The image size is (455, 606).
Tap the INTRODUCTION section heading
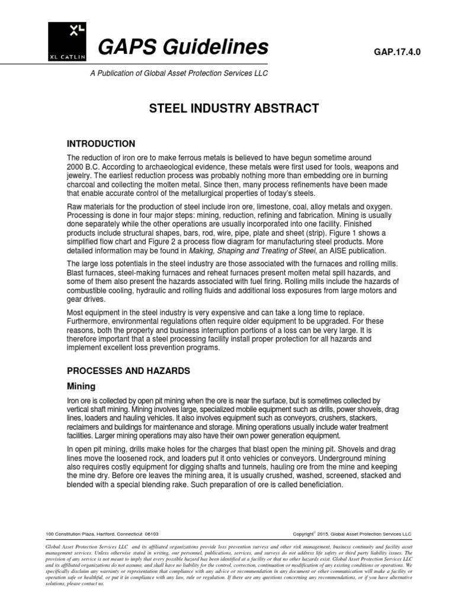101,144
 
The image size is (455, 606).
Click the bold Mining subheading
81,386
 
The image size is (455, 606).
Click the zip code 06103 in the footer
152,533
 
